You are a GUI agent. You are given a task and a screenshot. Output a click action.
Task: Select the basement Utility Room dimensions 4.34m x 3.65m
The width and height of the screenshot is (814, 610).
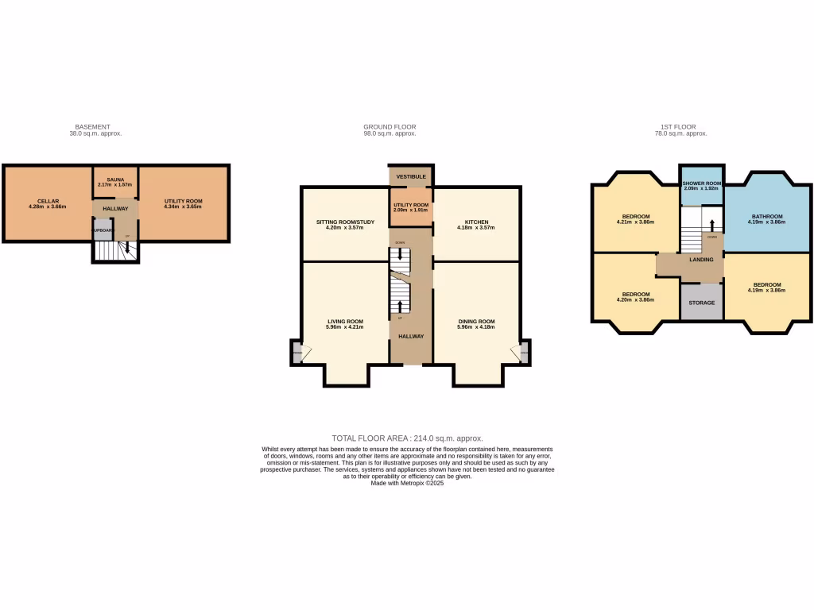coord(184,207)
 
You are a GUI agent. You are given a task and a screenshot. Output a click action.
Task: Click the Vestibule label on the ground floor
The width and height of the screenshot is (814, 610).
coord(410,176)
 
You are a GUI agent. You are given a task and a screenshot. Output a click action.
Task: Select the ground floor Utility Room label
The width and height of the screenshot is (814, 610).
coord(411,205)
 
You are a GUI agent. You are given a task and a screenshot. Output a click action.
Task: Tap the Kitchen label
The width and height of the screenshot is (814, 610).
coord(477,222)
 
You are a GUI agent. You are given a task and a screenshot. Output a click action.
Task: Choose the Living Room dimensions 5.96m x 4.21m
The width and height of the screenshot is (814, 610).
coord(345,326)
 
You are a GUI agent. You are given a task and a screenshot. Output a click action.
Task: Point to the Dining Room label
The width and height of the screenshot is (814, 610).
coord(477,321)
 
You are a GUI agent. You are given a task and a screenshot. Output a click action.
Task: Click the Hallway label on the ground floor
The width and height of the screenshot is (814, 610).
coord(411,336)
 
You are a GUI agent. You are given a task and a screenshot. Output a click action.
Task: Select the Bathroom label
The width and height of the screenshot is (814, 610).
coord(767,216)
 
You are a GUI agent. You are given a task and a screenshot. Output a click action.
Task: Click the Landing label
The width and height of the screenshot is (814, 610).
coord(701,259)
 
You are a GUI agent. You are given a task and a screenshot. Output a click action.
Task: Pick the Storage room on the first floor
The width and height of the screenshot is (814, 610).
coord(701,303)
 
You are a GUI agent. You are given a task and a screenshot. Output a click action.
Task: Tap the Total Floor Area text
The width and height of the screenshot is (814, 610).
coord(407,438)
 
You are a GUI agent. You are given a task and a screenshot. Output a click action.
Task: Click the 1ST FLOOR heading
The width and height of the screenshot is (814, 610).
coord(678,127)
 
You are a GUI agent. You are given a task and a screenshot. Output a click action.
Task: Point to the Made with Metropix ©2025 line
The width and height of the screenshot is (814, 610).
coord(407,483)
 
